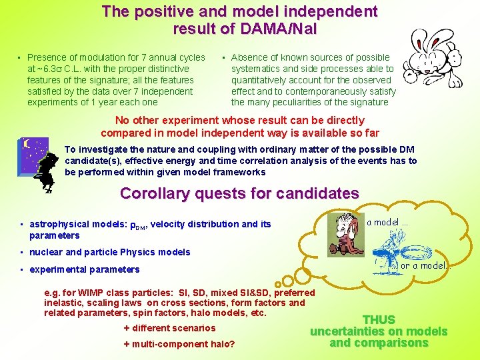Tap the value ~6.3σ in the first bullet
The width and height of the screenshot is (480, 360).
click(49, 69)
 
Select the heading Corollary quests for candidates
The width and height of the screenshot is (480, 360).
click(239, 194)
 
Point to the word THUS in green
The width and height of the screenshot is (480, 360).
click(379, 320)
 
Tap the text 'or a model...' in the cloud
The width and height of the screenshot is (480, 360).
click(423, 265)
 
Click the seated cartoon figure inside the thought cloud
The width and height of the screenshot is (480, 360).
click(345, 233)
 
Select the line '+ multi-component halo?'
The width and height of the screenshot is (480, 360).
click(179, 344)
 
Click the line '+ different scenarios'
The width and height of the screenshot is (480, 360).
click(169, 328)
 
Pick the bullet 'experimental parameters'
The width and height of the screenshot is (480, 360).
click(85, 269)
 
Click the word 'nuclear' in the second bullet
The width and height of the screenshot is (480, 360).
click(46, 252)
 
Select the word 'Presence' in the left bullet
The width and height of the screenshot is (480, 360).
click(47, 57)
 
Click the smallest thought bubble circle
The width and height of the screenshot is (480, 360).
click(277, 285)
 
